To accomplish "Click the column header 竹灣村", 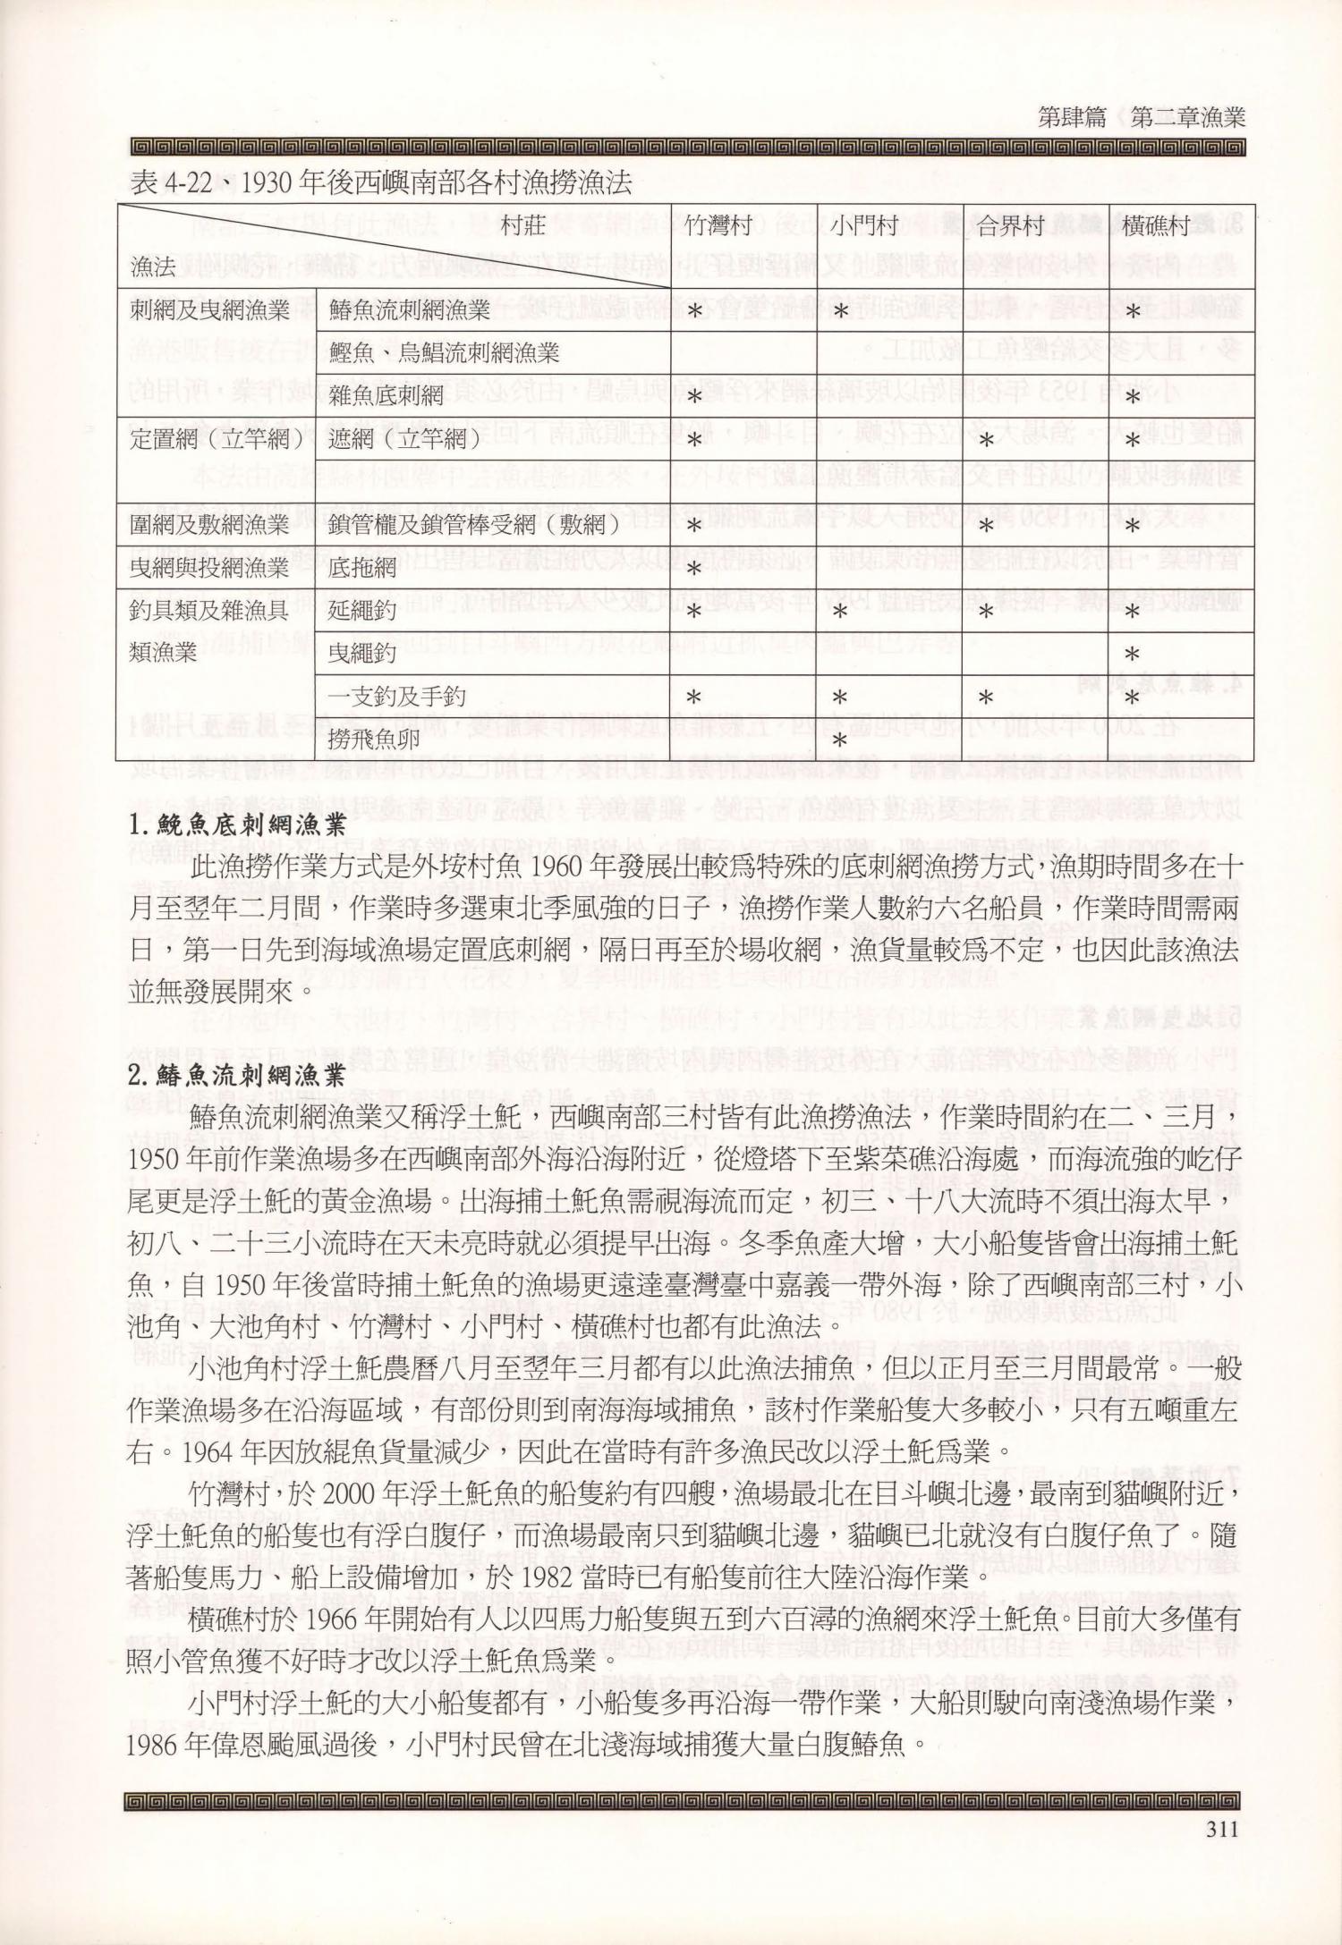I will pyautogui.click(x=716, y=227).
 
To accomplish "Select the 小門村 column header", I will pyautogui.click(x=863, y=227).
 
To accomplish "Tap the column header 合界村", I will pyautogui.click(x=1009, y=227).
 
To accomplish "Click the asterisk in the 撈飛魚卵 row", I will pyautogui.click(x=839, y=740).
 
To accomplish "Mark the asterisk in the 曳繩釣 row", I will pyautogui.click(x=1133, y=655).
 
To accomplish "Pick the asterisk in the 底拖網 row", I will pyautogui.click(x=693, y=568).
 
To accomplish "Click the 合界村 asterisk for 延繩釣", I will pyautogui.click(x=985, y=612).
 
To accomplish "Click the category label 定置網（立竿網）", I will pyautogui.click(x=210, y=438).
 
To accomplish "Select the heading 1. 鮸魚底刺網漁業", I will pyautogui.click(x=237, y=827).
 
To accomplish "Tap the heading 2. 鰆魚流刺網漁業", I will pyautogui.click(x=237, y=1077).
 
